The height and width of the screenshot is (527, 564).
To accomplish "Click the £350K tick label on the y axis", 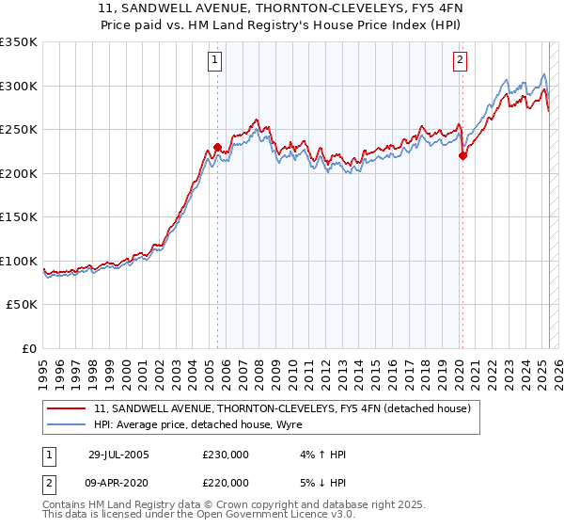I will (19, 42).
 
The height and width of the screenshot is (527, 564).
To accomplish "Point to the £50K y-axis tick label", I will (23, 305).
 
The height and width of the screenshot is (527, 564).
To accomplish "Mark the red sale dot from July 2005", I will (217, 147).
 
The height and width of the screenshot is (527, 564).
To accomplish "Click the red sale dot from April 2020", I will (462, 156).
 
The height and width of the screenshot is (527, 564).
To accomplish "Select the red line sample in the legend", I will (67, 407).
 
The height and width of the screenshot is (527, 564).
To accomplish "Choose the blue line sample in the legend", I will (67, 423).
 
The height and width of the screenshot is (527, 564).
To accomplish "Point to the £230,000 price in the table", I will (226, 455).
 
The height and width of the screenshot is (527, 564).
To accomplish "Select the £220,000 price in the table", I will (226, 482).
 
